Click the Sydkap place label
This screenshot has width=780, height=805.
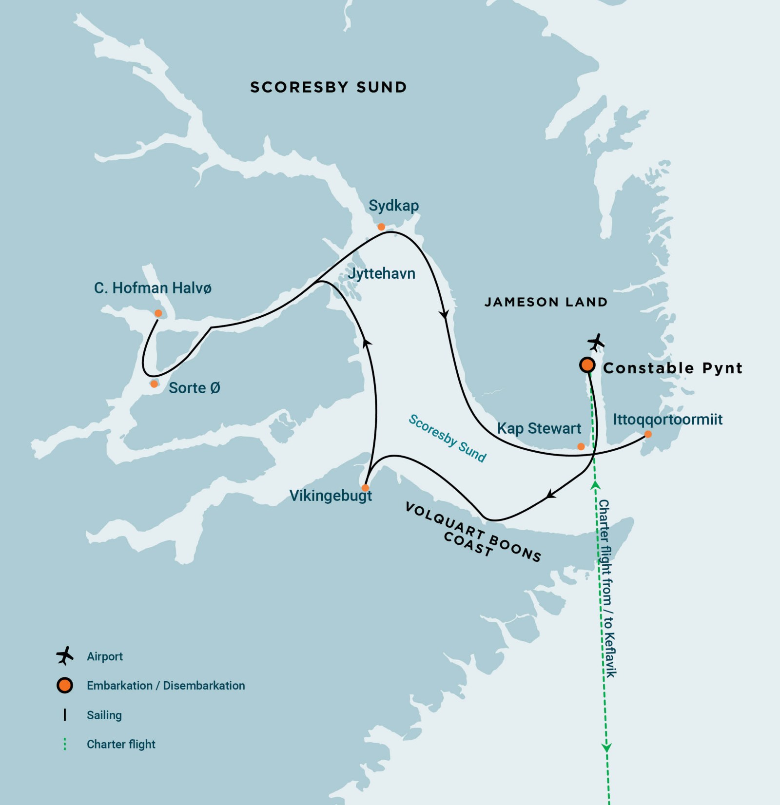point(393,206)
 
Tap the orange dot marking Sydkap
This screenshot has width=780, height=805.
point(381,227)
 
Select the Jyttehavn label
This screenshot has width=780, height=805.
point(381,273)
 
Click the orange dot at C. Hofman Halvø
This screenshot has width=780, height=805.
point(158,313)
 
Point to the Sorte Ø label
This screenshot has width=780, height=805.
point(194,388)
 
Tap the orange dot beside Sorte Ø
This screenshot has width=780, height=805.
point(154,384)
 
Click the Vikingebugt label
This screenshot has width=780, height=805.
point(331,496)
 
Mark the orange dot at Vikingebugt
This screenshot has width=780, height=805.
point(365,488)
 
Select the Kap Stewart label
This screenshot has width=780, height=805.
point(539,428)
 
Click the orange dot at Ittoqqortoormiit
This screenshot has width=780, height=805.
point(648,434)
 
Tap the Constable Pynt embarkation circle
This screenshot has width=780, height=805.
point(587,365)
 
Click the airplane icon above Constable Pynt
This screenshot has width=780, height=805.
point(596,342)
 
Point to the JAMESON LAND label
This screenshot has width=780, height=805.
point(546,302)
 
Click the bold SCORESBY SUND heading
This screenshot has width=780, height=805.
point(328,87)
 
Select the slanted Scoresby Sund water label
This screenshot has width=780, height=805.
point(447,439)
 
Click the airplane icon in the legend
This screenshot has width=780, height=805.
point(65,656)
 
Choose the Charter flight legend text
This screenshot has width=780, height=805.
point(121,744)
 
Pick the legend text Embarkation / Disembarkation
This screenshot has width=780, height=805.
point(166,686)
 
